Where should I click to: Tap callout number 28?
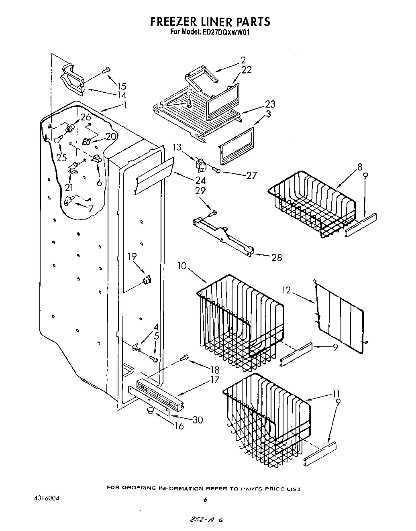276,258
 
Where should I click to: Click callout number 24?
200,180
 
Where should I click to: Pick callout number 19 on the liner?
132,256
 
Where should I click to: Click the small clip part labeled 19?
147,278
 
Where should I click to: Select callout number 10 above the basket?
182,266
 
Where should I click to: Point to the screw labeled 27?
217,170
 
